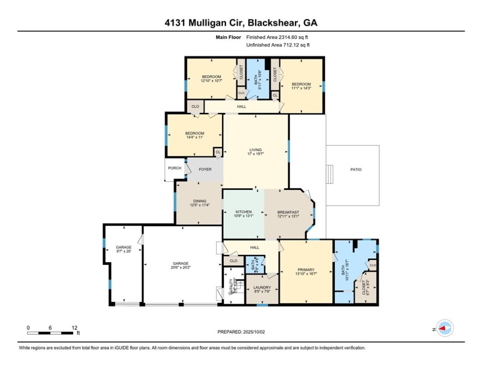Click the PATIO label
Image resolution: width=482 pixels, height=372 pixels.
[357, 170]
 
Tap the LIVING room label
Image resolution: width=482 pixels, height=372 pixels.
[255, 150]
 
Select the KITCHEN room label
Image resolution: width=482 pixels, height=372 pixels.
[243, 212]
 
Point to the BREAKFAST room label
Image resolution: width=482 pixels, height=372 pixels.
[288, 212]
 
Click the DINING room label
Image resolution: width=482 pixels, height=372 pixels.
[200, 201]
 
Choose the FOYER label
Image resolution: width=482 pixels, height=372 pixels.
[205, 170]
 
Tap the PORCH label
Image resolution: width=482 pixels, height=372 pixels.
[174, 168]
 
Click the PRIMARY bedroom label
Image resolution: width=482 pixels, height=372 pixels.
[306, 270]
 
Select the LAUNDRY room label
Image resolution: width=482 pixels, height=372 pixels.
[262, 287]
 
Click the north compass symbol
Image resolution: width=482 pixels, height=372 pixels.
[444, 328]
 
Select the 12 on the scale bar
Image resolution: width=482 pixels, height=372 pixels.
[74, 327]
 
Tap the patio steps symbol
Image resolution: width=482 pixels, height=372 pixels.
[330, 173]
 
